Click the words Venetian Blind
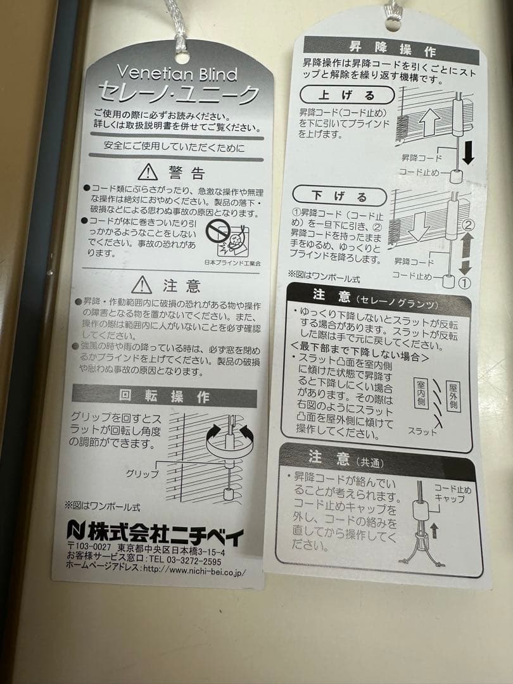pos(178,74)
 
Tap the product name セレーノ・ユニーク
pos(179,95)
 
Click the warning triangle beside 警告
pos(148,171)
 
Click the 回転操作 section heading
pos(164,397)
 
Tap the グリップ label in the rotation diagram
pos(142,473)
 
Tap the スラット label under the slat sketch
pos(422,431)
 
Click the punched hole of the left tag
pos(182,57)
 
